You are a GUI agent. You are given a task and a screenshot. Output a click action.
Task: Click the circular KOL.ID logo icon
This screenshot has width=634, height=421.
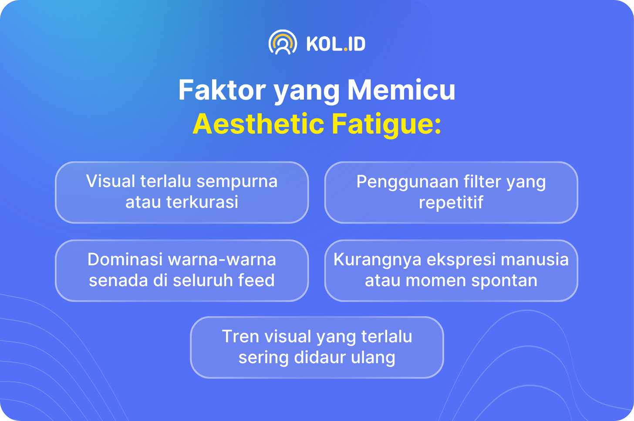[x=283, y=42]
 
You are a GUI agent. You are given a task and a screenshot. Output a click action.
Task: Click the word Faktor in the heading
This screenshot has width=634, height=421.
[x=222, y=90]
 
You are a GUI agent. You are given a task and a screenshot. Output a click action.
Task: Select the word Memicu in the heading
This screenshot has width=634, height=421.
[x=401, y=90]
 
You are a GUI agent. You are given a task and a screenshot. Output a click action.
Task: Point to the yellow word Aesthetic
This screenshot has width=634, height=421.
[x=258, y=124]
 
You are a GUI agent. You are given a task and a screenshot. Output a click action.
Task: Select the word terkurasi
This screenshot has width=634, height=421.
[x=202, y=202]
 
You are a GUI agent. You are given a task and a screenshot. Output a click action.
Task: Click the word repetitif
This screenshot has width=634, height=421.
[x=451, y=202]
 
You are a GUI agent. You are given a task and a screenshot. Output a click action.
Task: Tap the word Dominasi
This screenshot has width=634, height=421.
[x=125, y=259]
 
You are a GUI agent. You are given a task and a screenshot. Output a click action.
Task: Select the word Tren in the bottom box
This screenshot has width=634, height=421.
[x=240, y=337]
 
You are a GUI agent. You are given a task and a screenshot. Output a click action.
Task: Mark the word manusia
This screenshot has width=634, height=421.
[x=535, y=259]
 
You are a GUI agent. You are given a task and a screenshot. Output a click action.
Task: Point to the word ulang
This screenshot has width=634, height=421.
[x=373, y=358]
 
